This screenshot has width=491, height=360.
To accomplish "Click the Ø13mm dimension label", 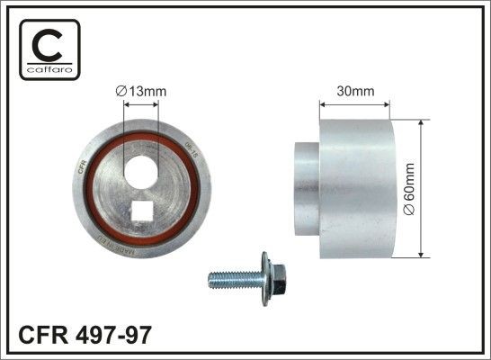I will pyautogui.click(x=142, y=90).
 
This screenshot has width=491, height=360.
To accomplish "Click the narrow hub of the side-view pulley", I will pyautogui.click(x=307, y=190).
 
